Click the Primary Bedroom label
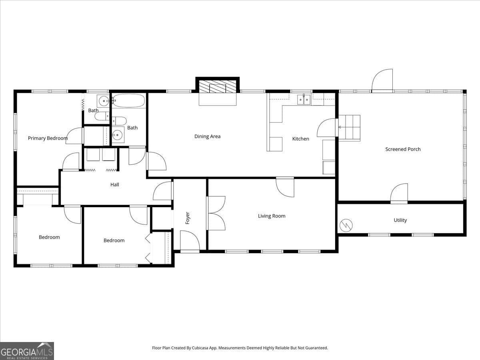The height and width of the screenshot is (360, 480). click(48, 138)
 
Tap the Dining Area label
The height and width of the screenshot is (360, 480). click(207, 136)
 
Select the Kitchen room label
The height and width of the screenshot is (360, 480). click(300, 139)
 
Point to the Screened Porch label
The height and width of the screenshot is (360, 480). click(403, 149)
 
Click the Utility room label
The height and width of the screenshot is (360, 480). click(400, 220)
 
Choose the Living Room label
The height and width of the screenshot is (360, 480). click(272, 216)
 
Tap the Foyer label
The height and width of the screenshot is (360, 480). click(188, 218)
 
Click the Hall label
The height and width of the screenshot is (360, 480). click(115, 184)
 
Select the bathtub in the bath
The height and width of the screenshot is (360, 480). click(128, 100)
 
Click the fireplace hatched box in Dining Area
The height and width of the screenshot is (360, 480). click(218, 87)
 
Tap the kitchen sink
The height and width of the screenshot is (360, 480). click(304, 99)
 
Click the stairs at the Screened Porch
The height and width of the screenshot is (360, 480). click(349, 128)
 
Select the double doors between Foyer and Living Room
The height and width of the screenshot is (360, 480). click(216, 213)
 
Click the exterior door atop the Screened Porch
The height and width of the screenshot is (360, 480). click(382, 81)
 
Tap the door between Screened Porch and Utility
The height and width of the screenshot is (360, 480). click(399, 194)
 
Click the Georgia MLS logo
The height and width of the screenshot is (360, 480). click(27, 351)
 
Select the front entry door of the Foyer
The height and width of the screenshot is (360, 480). click(190, 241)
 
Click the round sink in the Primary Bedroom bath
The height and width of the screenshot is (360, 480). click(103, 101)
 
